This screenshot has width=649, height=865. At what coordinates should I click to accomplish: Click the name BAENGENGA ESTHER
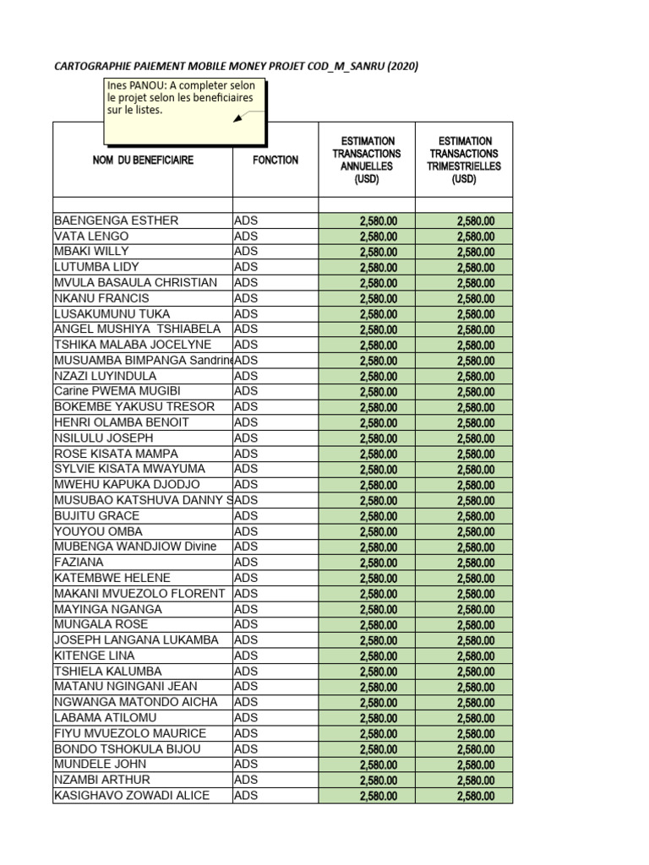117,220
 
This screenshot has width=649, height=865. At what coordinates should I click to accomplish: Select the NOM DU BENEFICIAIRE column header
143,160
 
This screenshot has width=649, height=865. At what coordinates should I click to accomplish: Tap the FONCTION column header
275,160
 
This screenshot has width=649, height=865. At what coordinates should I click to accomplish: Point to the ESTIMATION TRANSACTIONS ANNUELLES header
367,160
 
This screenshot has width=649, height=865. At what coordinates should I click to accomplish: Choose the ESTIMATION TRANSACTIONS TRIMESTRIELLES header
464,160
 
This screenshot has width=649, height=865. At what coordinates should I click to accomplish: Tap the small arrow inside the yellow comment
240,117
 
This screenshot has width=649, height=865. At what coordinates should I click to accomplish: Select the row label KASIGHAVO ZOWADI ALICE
132,796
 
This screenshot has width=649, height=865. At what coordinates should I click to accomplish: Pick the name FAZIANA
79,563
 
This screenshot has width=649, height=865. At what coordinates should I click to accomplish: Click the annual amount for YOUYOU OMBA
378,532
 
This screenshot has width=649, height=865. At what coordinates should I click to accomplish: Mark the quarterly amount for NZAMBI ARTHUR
476,781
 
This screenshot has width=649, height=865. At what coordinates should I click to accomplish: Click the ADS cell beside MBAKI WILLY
246,252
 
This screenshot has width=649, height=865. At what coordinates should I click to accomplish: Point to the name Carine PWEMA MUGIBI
117,391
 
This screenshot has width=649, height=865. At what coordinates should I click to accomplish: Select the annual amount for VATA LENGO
378,237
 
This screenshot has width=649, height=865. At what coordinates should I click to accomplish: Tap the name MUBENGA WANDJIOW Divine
135,547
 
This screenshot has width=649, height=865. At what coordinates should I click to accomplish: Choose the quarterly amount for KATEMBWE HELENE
476,579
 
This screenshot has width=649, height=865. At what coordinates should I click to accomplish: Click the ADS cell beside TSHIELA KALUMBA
246,672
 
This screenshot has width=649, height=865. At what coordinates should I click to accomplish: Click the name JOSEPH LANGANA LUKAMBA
136,640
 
